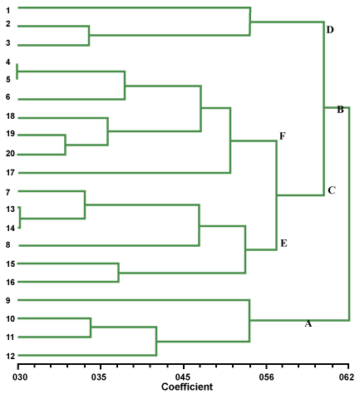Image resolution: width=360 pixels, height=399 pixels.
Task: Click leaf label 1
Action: tap(8, 11)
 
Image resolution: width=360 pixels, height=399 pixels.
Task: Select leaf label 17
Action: tap(10, 173)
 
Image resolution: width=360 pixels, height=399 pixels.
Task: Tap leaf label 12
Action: tap(10, 356)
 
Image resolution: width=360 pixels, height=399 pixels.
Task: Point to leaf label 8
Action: tap(8, 245)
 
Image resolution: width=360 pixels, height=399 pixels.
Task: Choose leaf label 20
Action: tap(10, 154)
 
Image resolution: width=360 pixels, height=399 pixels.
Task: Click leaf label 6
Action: tap(8, 97)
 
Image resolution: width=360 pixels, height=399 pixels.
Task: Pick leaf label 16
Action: tap(10, 283)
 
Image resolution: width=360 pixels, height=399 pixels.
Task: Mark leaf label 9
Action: tap(8, 300)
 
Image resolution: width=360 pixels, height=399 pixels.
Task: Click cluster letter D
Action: tap(330, 30)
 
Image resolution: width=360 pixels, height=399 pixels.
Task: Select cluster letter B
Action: tap(340, 110)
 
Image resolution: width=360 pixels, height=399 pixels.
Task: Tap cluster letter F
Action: tap(282, 136)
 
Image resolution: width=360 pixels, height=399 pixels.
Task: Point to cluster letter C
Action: tap(332, 190)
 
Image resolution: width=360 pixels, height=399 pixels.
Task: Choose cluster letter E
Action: tap(284, 244)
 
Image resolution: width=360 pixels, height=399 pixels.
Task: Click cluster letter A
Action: tap(308, 323)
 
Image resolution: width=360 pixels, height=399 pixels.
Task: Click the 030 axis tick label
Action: tap(20, 377)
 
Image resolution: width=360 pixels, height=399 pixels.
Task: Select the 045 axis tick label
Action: tap(183, 377)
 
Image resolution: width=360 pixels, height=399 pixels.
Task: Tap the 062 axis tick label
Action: tap(347, 377)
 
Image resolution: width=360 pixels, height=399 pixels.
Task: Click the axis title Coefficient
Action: tap(187, 387)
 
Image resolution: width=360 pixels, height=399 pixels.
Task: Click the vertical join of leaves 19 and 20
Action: tap(66, 145)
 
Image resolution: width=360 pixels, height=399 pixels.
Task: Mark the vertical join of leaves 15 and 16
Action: tap(119, 273)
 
